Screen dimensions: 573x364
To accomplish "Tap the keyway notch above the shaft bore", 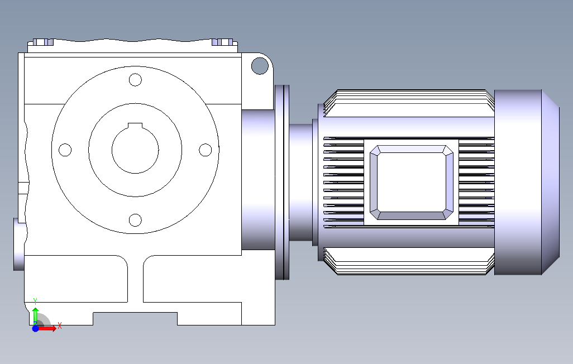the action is [x=135, y=126].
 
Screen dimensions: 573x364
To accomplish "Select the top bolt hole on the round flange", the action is [x=135, y=80].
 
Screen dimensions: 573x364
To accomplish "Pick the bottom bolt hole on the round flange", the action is [x=135, y=220].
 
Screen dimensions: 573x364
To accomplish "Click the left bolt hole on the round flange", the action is [x=65, y=150].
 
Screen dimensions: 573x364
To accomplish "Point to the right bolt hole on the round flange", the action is [x=206, y=150].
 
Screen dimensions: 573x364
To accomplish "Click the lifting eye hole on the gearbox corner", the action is [x=260, y=66].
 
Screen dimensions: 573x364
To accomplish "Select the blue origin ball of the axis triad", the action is [x=35, y=329].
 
